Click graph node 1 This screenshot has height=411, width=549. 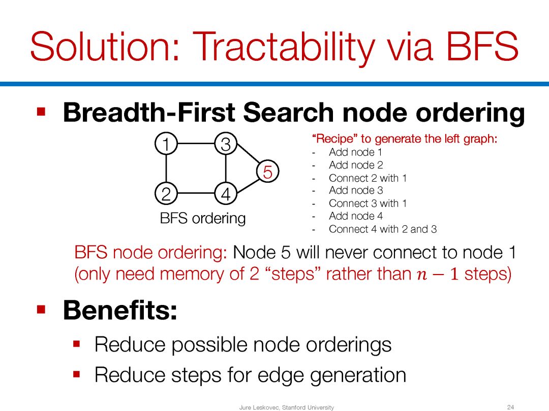[x=166, y=144]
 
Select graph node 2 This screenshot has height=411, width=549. [x=166, y=193]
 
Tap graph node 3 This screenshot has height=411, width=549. [x=226, y=144]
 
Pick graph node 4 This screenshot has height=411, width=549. [x=226, y=193]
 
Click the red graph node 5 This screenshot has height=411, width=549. [x=268, y=172]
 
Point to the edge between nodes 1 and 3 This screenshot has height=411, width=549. [x=196, y=144]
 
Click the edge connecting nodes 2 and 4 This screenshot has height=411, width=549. [x=196, y=193]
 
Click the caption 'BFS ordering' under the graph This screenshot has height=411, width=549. [x=203, y=218]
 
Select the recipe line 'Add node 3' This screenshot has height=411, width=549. [x=356, y=190]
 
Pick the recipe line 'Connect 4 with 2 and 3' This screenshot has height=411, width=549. [x=383, y=229]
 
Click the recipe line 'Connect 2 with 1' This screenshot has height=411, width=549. [x=368, y=178]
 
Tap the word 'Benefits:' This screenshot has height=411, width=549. [x=120, y=310]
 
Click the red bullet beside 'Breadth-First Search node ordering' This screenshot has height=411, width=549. [x=41, y=112]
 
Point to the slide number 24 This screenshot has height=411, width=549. [x=510, y=407]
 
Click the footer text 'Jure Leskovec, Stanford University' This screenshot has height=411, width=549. [x=286, y=407]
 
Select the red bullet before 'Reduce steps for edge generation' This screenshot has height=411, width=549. [x=77, y=374]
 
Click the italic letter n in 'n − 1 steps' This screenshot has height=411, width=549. [x=422, y=275]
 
